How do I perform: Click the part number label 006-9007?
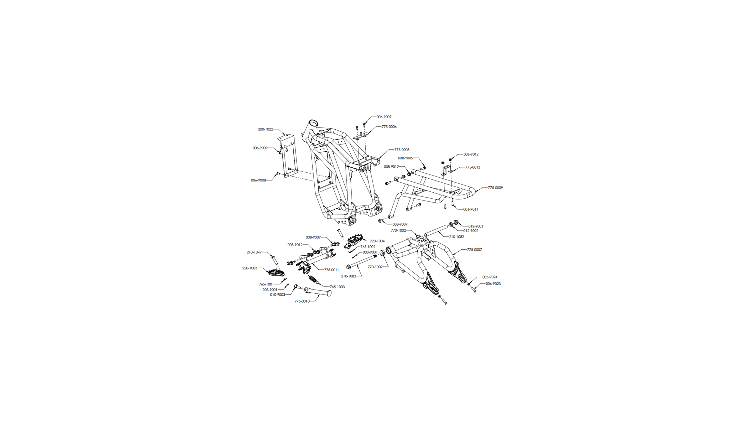click(x=384, y=117)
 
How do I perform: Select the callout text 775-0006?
click(x=389, y=127)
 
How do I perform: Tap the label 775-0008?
click(x=402, y=150)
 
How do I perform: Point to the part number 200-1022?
click(x=265, y=129)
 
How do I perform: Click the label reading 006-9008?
click(x=258, y=180)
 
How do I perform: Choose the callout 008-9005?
click(x=405, y=158)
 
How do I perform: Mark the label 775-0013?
click(x=473, y=167)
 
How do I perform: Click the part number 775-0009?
click(x=495, y=188)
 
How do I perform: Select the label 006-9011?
click(x=471, y=210)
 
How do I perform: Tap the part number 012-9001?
click(x=476, y=227)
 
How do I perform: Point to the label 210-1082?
click(x=457, y=237)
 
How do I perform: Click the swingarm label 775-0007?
click(x=474, y=250)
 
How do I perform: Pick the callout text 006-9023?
click(x=493, y=284)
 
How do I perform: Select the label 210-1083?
click(x=348, y=276)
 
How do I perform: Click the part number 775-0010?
click(x=302, y=301)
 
